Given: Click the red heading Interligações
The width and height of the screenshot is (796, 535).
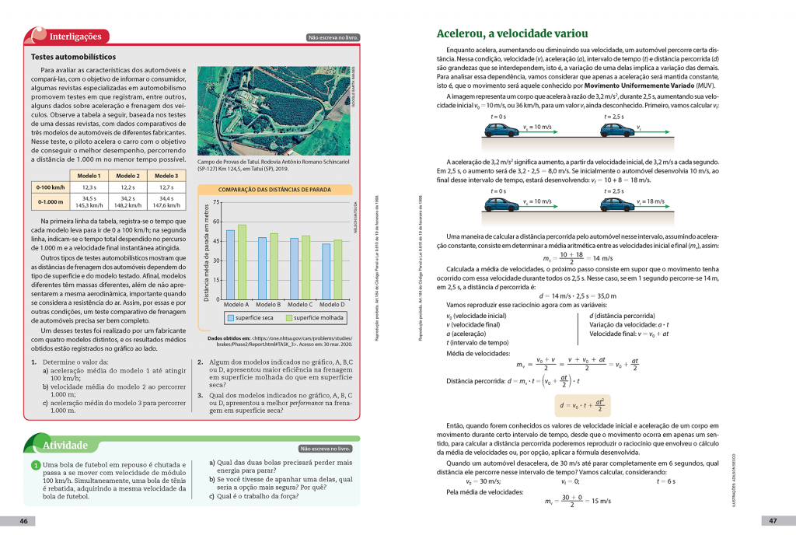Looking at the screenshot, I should point(75,36).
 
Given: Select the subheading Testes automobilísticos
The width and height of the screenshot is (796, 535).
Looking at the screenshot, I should point(73,57).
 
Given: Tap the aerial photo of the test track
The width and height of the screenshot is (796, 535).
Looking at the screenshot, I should point(276,108).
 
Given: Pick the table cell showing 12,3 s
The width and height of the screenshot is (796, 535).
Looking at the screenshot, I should point(89,187).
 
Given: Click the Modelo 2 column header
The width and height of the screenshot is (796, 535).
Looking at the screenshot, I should point(127,176).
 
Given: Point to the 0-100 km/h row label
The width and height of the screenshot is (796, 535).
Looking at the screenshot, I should point(49,187).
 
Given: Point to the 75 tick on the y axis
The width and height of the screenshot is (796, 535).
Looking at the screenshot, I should point(217,202).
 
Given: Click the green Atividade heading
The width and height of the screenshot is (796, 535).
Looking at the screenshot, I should point(65,446).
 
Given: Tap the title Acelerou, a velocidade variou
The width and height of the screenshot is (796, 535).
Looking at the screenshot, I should point(512,34).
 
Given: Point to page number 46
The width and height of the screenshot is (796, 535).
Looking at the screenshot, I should point(24,521).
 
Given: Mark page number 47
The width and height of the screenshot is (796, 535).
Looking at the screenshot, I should point(773,521).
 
